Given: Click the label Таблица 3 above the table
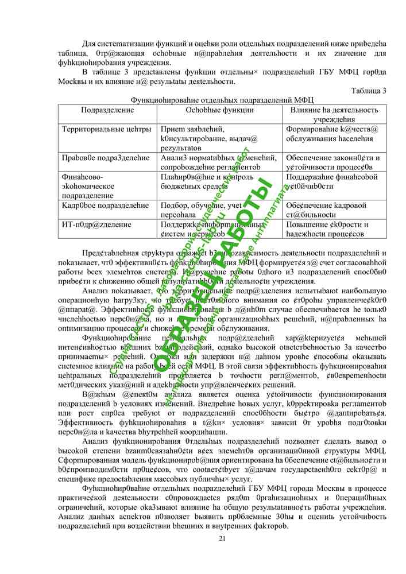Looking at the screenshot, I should tap(368, 90).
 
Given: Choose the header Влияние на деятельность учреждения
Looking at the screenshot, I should tap(334, 114).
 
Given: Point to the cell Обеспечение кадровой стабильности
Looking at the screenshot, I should tap(326, 210).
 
